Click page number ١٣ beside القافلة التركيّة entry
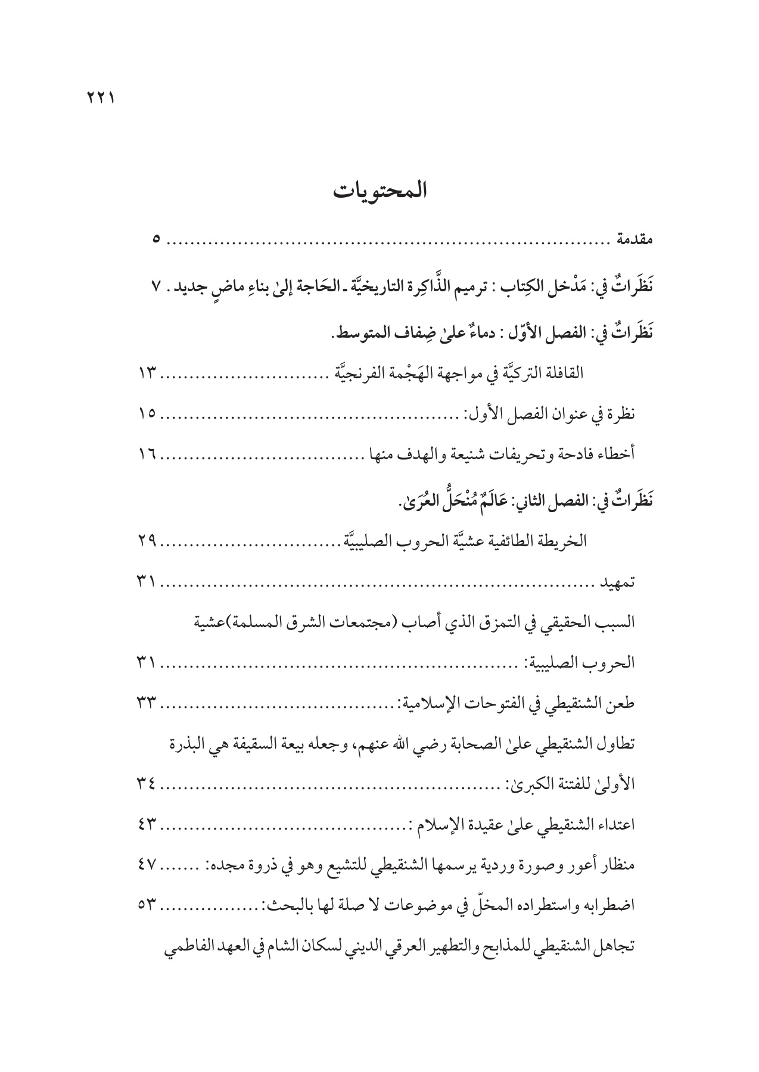coord(147,373)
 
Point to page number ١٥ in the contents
coord(147,413)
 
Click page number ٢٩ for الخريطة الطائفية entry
coord(147,541)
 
